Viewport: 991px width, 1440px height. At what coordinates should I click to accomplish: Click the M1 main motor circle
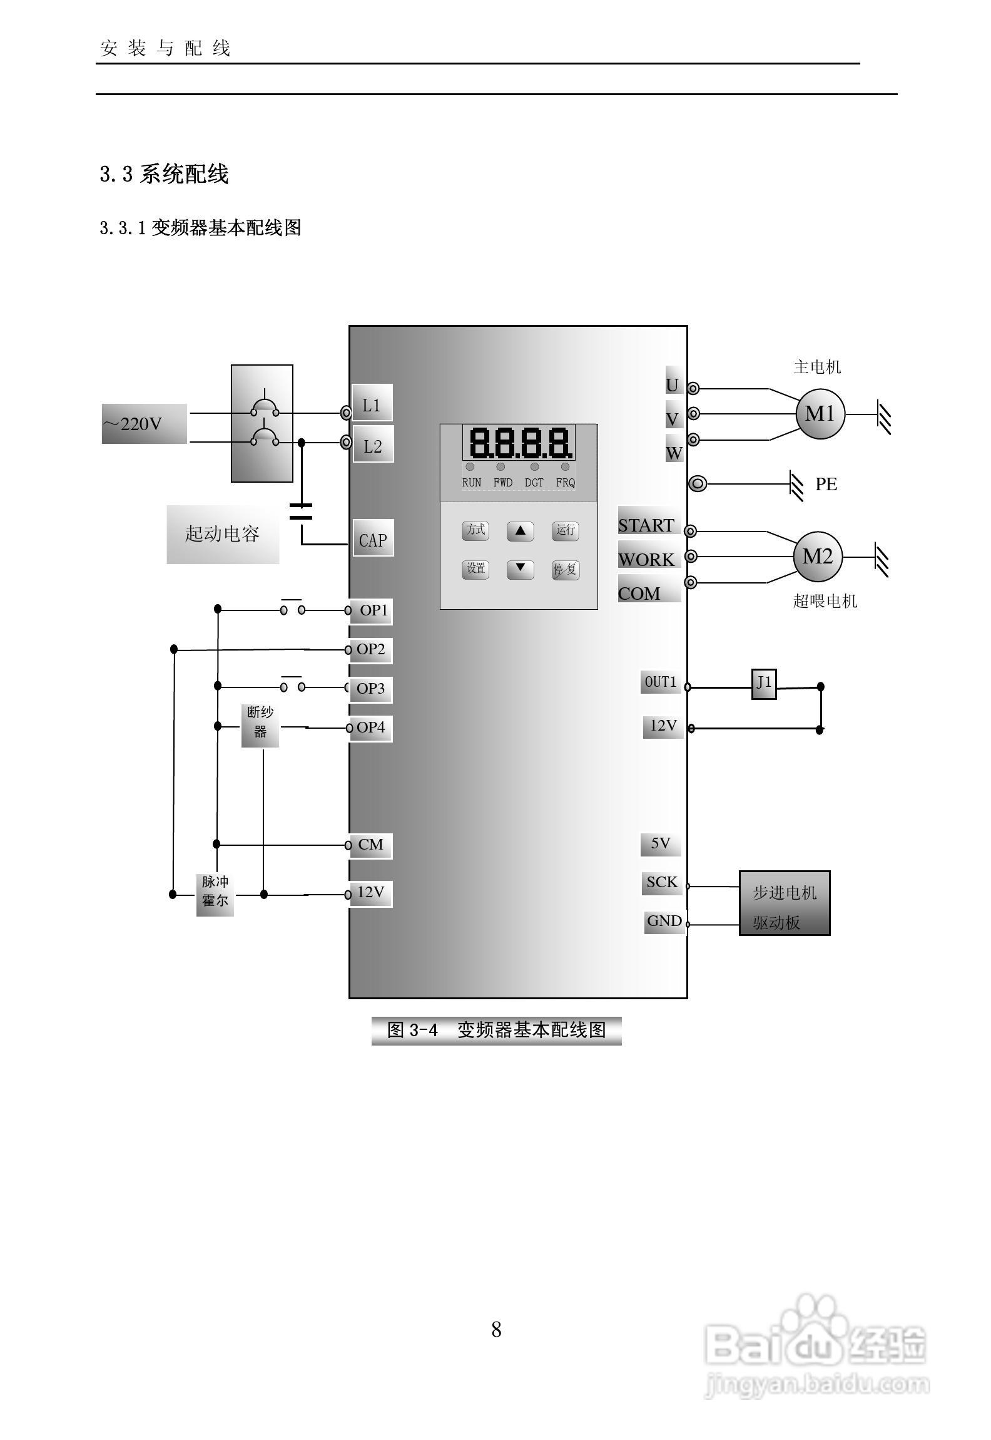[820, 414]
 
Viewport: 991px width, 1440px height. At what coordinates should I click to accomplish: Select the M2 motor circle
[818, 557]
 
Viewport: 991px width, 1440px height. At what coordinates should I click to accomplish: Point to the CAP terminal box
[373, 539]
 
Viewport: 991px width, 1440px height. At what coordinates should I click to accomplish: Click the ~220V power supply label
[144, 424]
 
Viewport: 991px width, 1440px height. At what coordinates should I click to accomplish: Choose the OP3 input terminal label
[371, 688]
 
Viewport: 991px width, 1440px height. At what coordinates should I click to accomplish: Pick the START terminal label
[647, 525]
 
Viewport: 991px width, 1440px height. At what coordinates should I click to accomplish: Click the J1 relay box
[764, 683]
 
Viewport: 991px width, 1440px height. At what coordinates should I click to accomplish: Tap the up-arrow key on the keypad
[520, 530]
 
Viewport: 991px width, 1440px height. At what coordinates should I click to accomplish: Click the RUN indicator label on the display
[472, 483]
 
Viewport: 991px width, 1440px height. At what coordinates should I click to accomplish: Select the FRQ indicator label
[565, 483]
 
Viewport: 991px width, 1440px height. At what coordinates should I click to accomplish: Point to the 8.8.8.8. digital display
[519, 443]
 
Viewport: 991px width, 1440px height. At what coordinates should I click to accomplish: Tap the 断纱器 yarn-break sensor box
[260, 725]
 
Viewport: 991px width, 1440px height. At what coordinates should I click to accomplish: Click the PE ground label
[826, 484]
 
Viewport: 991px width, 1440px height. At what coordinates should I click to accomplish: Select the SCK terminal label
[662, 882]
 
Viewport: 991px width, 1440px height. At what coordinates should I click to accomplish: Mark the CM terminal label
[371, 845]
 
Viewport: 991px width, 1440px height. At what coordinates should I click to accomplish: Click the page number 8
[496, 1329]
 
